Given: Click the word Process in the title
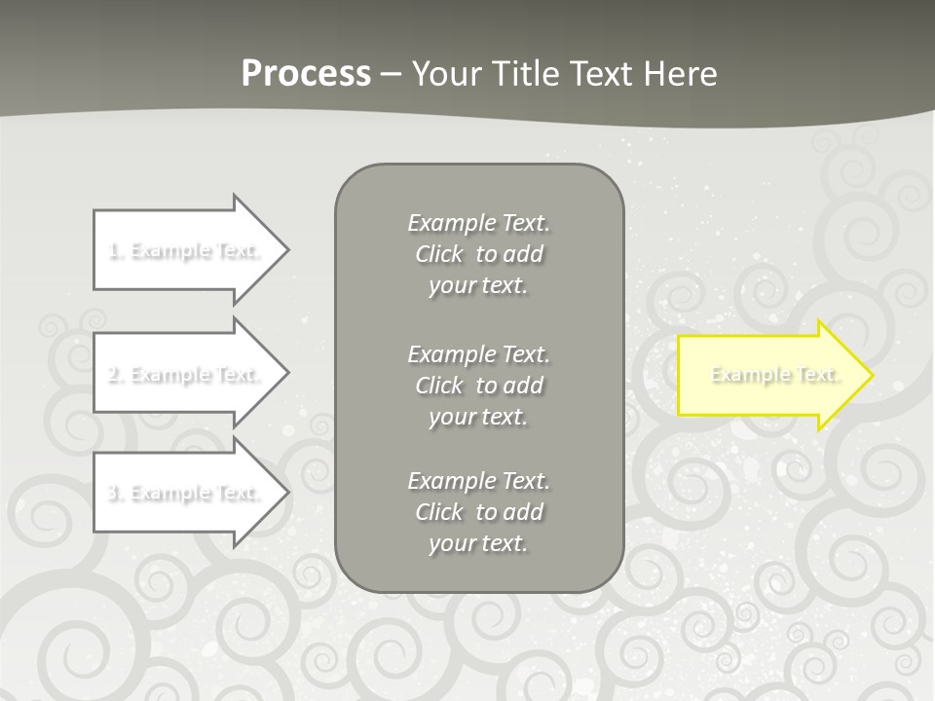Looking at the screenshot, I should [306, 74].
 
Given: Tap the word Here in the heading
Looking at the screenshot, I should [680, 74].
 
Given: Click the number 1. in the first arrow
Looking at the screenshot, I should [116, 250].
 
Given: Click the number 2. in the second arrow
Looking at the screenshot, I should [116, 374].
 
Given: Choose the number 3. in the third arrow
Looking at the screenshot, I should [116, 493].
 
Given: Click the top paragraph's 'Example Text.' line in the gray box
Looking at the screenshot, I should [478, 223].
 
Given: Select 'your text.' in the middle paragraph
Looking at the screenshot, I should [478, 417].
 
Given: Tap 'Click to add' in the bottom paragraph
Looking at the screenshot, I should [478, 512].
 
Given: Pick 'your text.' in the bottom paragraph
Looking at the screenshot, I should [478, 543].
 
